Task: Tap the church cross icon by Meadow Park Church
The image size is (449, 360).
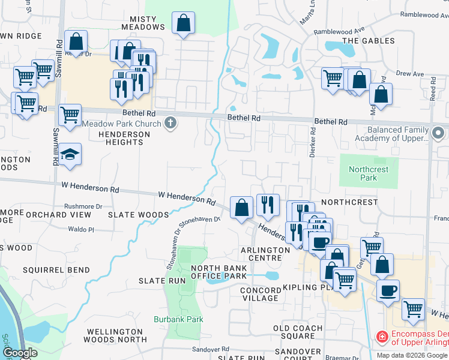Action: [170, 124]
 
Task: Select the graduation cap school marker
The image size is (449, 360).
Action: [70, 155]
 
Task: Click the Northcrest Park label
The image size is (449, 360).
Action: [369, 174]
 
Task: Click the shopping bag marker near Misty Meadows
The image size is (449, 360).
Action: [184, 24]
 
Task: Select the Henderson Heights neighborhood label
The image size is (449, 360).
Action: [120, 138]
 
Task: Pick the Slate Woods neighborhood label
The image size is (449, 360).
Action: [139, 214]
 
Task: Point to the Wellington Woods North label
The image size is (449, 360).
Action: [116, 335]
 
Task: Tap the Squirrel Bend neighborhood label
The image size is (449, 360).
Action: [47, 269]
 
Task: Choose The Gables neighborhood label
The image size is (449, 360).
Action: [369, 41]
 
